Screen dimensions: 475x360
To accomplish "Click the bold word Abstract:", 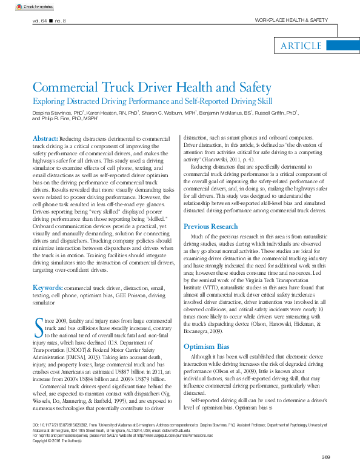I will pos(45,139).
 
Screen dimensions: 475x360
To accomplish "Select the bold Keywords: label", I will pos(47,288).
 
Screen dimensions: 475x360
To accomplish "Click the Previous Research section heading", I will pos(211,227).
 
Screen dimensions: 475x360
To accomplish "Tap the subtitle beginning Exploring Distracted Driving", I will pos(152,101).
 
